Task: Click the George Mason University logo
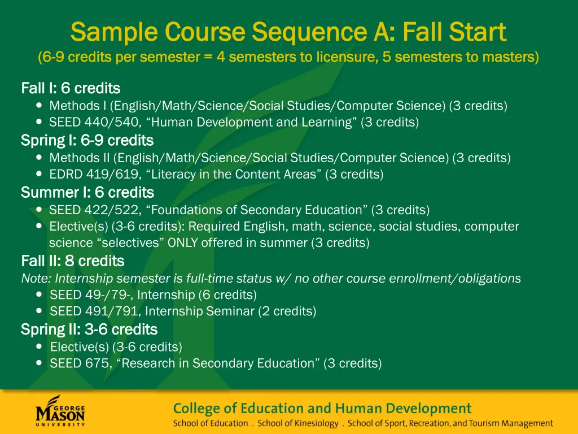point(60,411)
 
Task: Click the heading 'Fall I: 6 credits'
point(71,88)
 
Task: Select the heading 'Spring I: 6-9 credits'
point(87,140)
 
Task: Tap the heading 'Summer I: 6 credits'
point(87,192)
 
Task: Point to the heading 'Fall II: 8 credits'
point(72,261)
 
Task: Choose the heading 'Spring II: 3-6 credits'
point(89,329)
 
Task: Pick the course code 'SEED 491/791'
point(93,311)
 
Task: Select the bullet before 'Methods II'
point(38,158)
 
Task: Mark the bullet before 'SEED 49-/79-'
point(38,294)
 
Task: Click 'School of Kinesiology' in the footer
point(298,423)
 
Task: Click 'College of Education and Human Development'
point(322,408)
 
